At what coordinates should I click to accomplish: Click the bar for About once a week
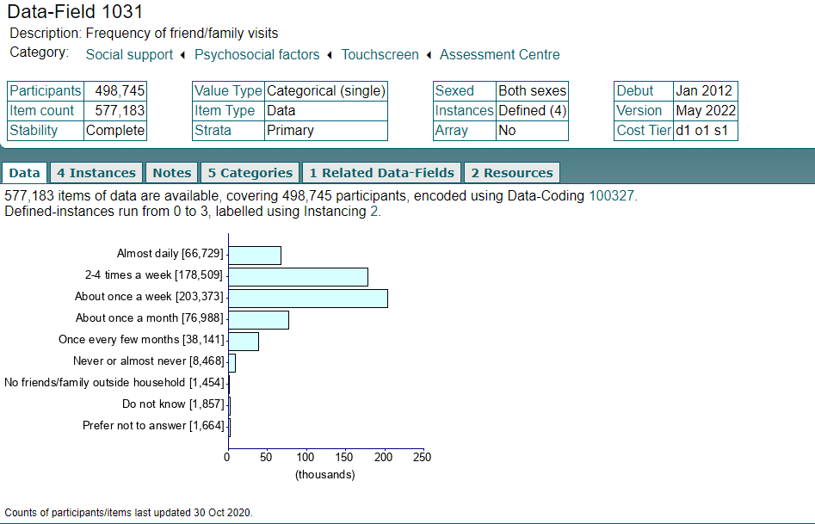(308, 298)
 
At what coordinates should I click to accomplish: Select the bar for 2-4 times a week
(298, 276)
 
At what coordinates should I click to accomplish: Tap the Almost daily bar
(255, 256)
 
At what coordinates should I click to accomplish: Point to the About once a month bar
(258, 319)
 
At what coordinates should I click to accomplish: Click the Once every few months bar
(244, 341)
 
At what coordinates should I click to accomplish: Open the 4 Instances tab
(96, 173)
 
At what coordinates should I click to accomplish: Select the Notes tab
(171, 173)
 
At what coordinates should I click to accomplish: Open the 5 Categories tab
(250, 173)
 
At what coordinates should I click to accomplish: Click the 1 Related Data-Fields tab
(381, 173)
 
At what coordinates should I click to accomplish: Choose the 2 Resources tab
(512, 173)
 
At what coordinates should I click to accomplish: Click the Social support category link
(129, 55)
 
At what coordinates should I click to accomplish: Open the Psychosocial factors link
(256, 55)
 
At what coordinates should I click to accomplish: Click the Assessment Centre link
(499, 55)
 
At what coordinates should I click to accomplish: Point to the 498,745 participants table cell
(114, 91)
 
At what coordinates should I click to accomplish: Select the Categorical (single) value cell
(326, 91)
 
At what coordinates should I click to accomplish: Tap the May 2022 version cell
(705, 111)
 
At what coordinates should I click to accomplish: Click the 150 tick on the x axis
(345, 458)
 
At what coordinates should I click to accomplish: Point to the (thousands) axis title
(324, 474)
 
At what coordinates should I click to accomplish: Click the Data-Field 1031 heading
(75, 12)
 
